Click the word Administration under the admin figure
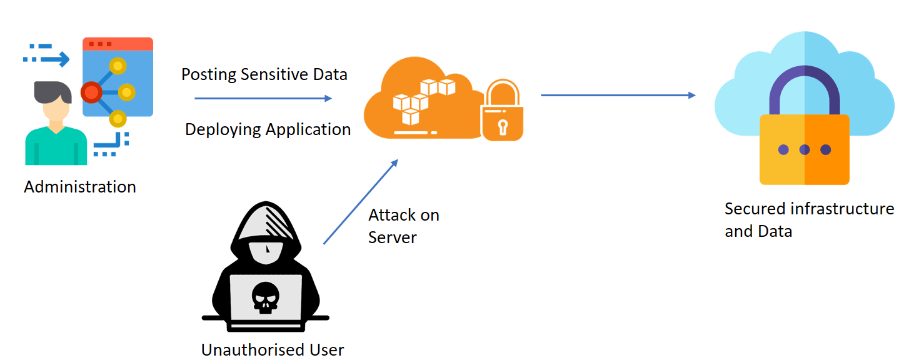pos(80,187)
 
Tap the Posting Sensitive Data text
pos(264,75)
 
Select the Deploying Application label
pos(268,129)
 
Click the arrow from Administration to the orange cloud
pos(263,98)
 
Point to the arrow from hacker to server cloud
pos(360,202)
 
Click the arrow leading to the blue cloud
pos(618,95)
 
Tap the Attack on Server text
pos(403,226)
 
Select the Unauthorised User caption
pos(273,349)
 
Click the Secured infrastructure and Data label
pos(809,220)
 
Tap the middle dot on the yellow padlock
pos(805,150)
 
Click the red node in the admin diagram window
pos(91,93)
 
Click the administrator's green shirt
pos(56,148)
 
